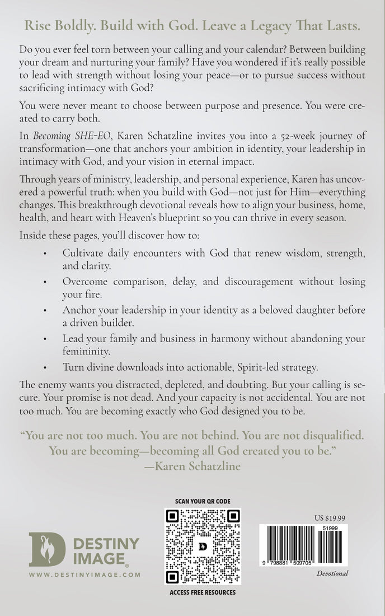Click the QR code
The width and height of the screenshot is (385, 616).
pos(202,545)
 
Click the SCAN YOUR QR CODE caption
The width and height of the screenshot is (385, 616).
pos(202,501)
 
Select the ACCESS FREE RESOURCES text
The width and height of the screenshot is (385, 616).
pos(202,592)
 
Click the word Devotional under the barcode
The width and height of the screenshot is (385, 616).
pos(332,573)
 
